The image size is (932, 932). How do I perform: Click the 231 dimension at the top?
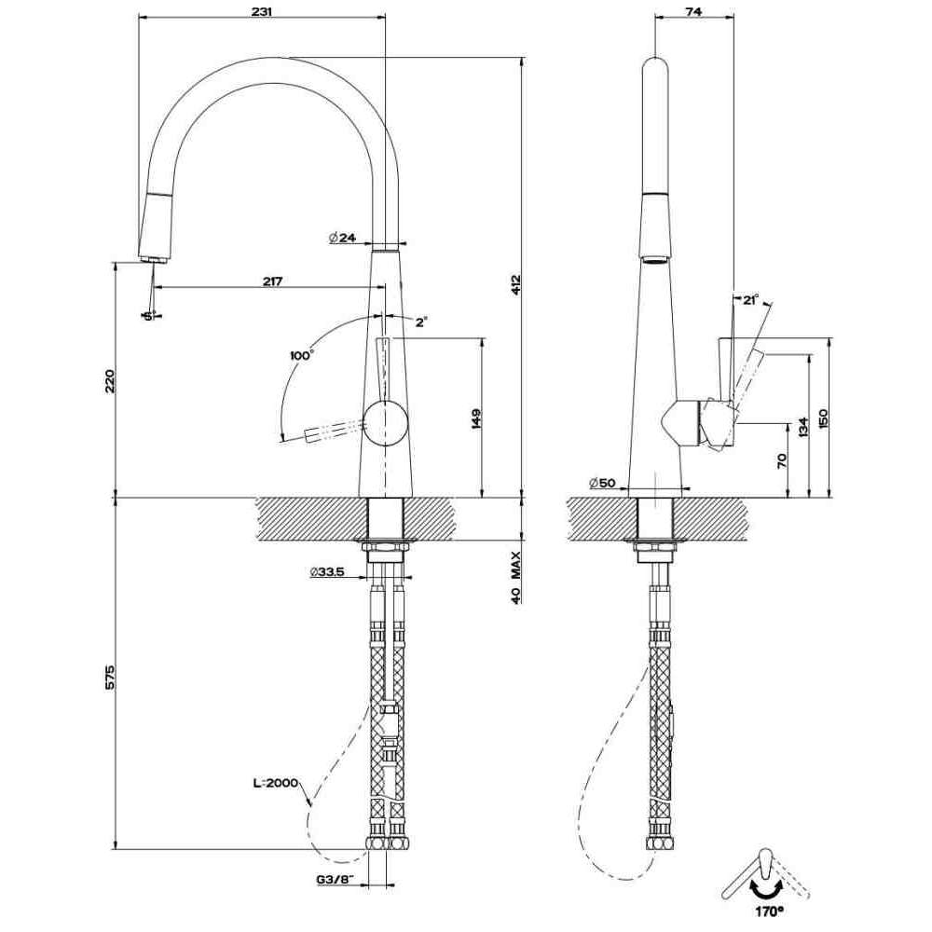click(x=261, y=10)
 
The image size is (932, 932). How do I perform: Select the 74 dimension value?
click(x=693, y=10)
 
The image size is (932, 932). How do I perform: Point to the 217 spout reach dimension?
click(x=271, y=281)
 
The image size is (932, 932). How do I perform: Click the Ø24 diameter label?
click(x=342, y=237)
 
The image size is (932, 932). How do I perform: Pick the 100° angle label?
click(x=301, y=355)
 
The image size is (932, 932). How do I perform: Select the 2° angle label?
click(x=421, y=322)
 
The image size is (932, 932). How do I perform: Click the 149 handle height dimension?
click(x=475, y=419)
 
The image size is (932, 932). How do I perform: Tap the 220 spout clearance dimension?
click(x=110, y=381)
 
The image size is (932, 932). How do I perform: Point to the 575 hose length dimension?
click(x=110, y=678)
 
